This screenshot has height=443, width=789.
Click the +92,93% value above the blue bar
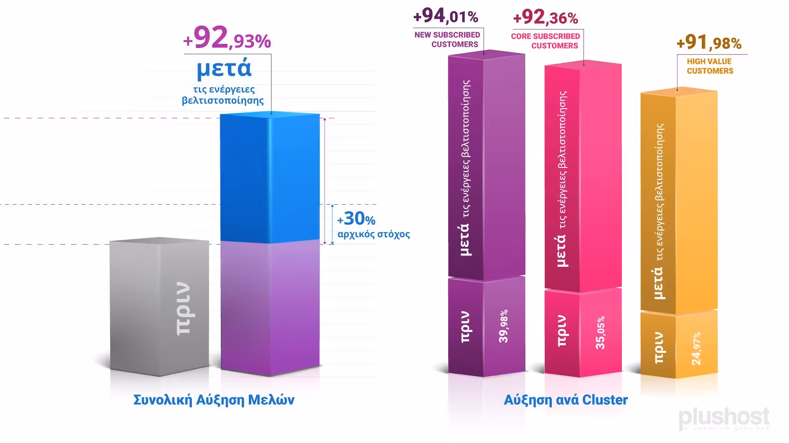pos(227,39)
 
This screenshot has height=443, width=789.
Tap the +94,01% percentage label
pos(445,17)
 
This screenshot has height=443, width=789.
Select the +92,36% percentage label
pos(545,18)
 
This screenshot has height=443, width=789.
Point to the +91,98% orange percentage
pos(709,43)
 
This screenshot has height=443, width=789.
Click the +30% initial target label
pos(356,219)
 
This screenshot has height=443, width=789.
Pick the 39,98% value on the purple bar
pos(504,326)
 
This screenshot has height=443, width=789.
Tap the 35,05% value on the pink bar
pos(600,332)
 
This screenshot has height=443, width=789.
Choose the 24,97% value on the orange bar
pos(696,348)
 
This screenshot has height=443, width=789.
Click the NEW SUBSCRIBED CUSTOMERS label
pos(447,40)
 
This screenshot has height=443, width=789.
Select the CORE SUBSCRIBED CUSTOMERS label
pos(545,41)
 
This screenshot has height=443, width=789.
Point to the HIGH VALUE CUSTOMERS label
pos(710,66)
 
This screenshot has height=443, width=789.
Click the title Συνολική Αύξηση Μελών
pos(214,400)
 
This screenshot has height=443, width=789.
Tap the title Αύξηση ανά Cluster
pos(565,400)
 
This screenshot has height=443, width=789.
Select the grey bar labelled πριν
pos(159,308)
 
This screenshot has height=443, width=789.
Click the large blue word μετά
pos(224,69)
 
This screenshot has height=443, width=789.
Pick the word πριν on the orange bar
pos(659,348)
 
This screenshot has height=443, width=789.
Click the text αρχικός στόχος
pos(373,234)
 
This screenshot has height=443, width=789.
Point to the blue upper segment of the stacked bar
pos(269,177)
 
